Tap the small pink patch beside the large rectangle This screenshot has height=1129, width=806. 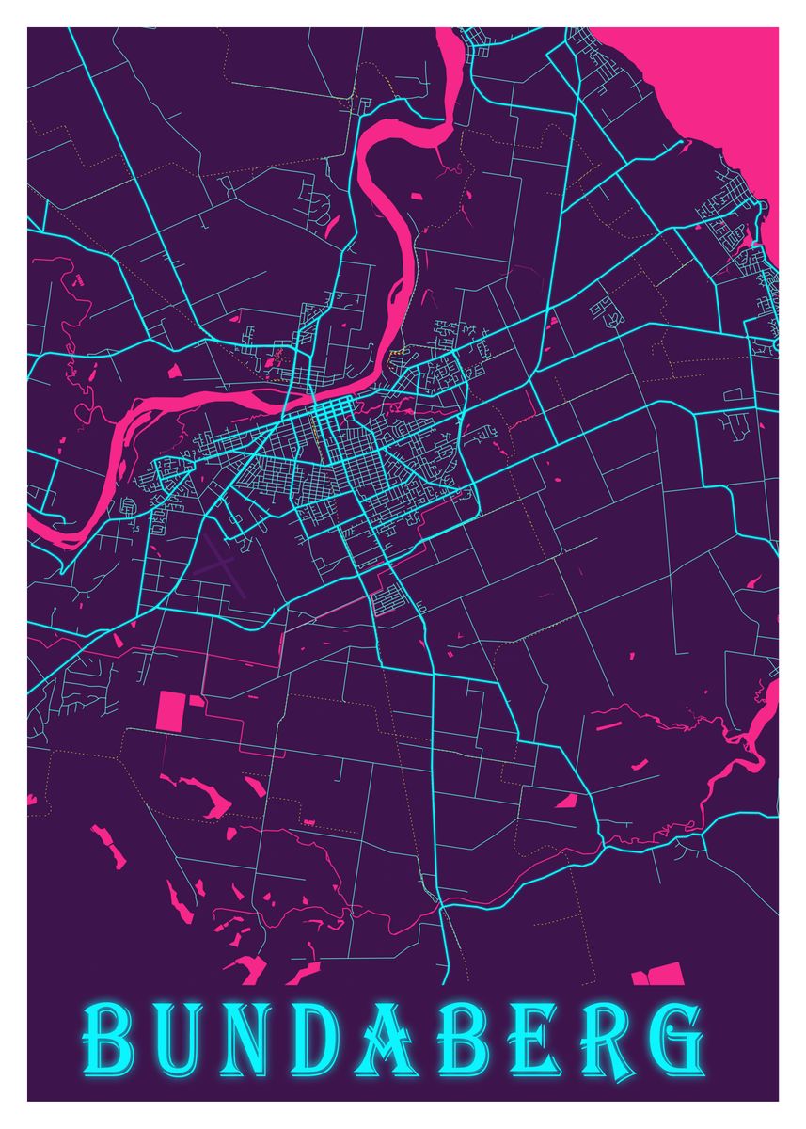[198, 700]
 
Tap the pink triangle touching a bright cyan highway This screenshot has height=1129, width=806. [566, 801]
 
